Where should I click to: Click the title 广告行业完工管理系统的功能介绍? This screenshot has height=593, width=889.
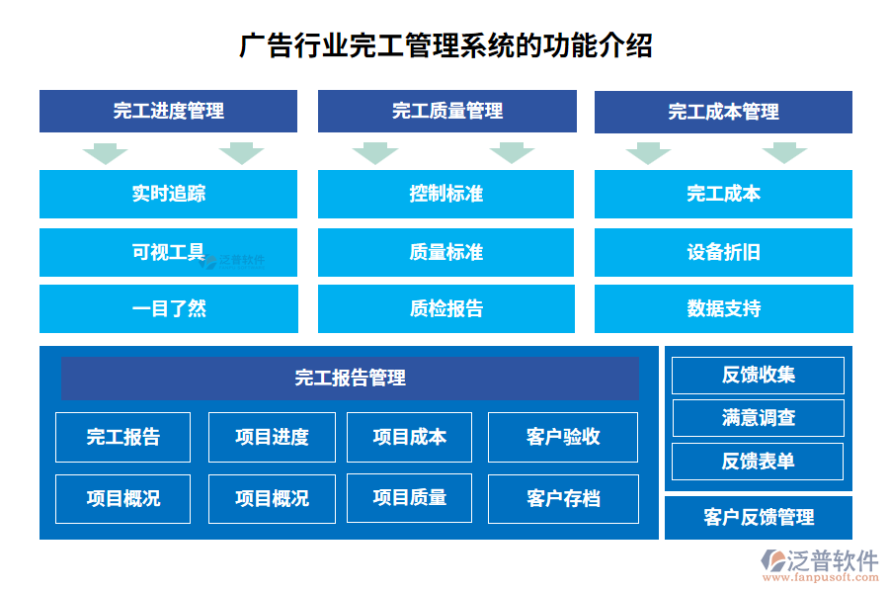445,45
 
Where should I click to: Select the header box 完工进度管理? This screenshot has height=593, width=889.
168,112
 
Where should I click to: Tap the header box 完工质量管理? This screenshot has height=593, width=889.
446,112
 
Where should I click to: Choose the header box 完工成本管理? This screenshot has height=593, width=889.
723,112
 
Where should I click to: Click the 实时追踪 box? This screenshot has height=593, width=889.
168,194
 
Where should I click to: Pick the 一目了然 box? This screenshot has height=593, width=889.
168,308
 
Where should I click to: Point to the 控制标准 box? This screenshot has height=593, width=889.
445,194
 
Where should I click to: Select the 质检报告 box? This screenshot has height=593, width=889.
445,308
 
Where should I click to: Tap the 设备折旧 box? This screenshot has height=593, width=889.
723,252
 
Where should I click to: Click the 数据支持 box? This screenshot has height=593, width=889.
723,308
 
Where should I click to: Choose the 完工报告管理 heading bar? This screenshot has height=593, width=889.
350,378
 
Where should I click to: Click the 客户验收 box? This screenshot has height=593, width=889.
563,437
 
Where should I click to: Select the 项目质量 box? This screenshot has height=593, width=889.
409,498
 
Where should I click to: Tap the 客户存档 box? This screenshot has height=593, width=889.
563,498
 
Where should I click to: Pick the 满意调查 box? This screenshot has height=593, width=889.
758,418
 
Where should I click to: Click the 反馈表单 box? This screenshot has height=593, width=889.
758,461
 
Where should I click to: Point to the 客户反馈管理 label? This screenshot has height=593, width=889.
758,518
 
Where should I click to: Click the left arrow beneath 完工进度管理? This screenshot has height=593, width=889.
105,153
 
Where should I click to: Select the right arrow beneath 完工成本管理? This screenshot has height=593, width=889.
784,153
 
